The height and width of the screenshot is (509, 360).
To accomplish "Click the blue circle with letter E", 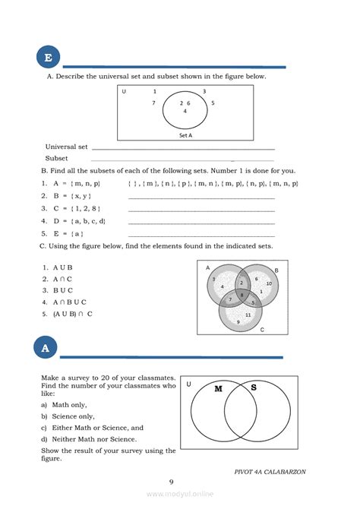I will [x=48, y=58].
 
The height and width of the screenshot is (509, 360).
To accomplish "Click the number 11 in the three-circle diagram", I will [x=248, y=315].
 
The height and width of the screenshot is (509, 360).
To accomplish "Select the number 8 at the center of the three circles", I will [x=242, y=294].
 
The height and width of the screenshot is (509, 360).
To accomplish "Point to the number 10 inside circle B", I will [x=269, y=283].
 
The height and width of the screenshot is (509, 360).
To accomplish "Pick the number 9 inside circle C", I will [x=238, y=322].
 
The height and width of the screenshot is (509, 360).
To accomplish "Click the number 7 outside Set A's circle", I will [x=153, y=103].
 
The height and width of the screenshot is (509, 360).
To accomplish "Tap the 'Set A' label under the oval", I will [x=185, y=135].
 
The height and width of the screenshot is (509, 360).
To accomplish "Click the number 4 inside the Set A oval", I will [x=185, y=111].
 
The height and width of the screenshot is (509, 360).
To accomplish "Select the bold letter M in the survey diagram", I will [x=218, y=389].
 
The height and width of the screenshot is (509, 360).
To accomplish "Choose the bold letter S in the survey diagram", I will [x=253, y=388].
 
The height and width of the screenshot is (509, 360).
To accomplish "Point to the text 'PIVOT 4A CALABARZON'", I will [x=270, y=471].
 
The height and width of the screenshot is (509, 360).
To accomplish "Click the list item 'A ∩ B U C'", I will [x=73, y=302].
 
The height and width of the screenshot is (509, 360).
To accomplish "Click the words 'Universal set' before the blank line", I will [x=67, y=147].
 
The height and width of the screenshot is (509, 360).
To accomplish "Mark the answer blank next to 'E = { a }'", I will [x=201, y=235].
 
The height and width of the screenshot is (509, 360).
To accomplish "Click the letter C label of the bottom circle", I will [x=262, y=330].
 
